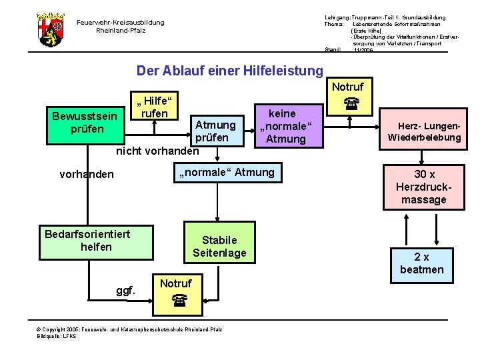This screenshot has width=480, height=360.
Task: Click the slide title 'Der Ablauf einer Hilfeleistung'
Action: pyautogui.click(x=229, y=71)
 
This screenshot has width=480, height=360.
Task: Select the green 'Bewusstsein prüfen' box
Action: pyautogui.click(x=87, y=123)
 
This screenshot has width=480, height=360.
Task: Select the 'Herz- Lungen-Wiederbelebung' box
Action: pyautogui.click(x=429, y=131)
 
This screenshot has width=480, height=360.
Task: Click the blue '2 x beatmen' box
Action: pyautogui.click(x=421, y=263)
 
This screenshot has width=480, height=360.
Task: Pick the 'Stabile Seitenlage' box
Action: pyautogui.click(x=219, y=247)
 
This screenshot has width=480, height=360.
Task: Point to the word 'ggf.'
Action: pyautogui.click(x=125, y=291)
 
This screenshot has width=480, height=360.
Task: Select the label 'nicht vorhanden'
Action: pyautogui.click(x=157, y=151)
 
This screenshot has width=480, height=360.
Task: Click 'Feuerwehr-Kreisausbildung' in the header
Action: pyautogui.click(x=120, y=23)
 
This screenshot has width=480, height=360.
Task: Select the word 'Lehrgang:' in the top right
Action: pyautogui.click(x=337, y=17)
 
